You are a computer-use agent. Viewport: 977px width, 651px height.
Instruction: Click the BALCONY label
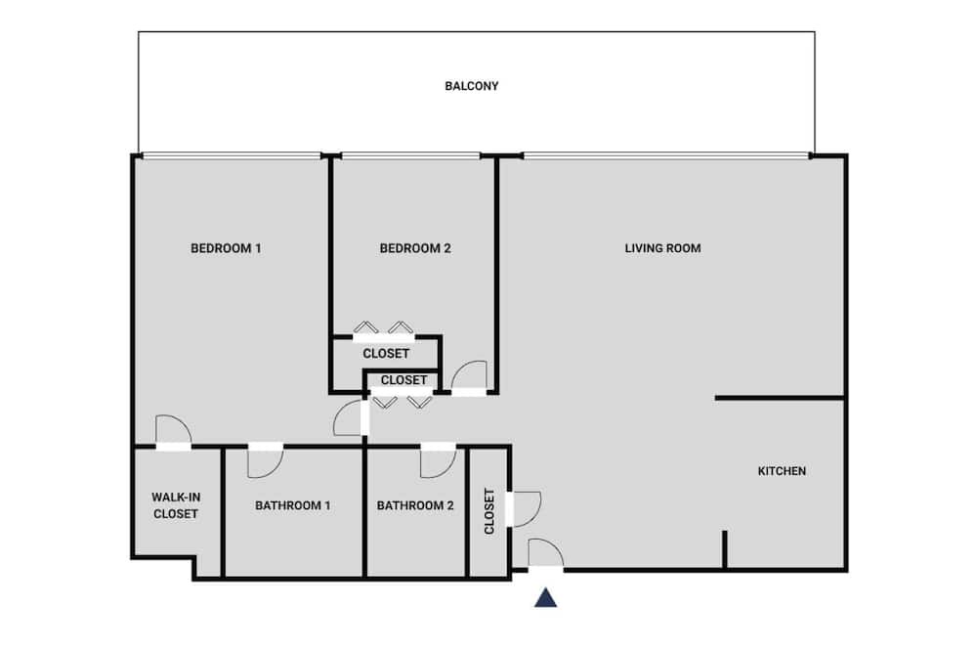pos(471,86)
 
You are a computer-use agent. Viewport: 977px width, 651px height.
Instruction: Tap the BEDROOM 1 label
pos(226,248)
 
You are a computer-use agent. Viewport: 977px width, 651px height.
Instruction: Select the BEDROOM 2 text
pos(415,248)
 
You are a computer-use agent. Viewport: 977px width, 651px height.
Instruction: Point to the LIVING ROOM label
pos(662,248)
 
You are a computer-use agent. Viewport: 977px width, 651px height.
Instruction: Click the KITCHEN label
pos(782,471)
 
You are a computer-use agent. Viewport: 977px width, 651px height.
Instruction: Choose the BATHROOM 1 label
pos(292,505)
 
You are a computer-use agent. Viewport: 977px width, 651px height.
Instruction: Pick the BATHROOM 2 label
pos(415,505)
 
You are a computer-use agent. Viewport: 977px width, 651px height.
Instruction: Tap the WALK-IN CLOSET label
pos(176,505)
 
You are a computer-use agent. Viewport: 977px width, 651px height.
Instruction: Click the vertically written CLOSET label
pos(489,511)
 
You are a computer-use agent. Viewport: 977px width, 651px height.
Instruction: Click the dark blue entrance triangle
pos(545,598)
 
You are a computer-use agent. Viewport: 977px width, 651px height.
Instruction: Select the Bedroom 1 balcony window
pos(232,155)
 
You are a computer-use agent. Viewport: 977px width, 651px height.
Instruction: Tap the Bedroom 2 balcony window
pos(410,155)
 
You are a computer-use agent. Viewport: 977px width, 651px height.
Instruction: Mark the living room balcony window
pos(666,155)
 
